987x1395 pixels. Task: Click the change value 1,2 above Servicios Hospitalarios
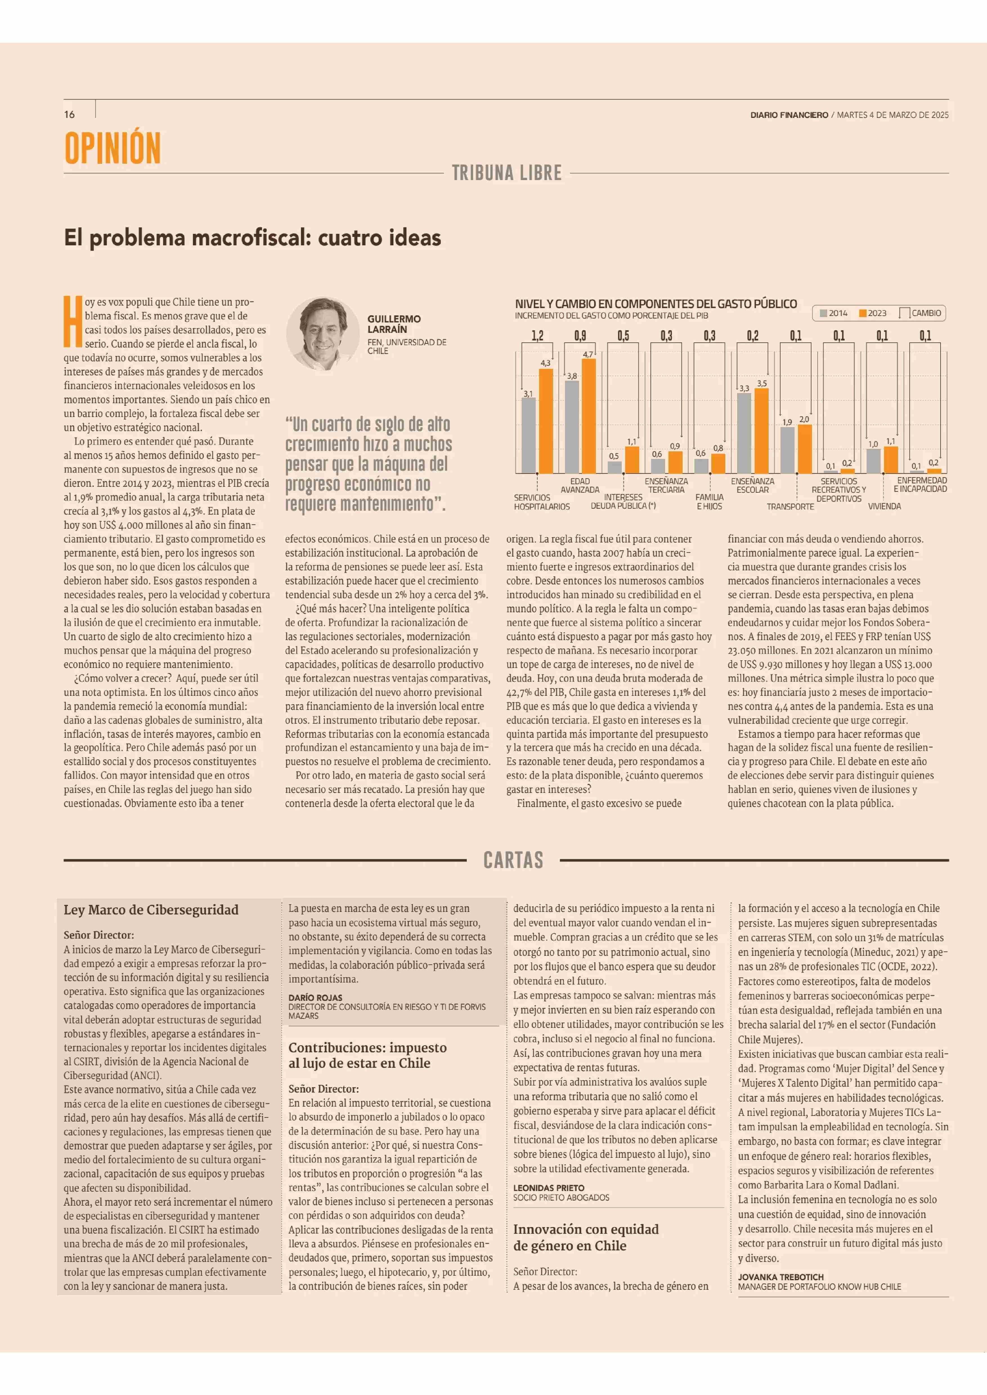click(x=537, y=336)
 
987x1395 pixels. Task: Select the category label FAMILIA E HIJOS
click(x=709, y=501)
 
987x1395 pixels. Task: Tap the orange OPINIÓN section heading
click(x=113, y=148)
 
